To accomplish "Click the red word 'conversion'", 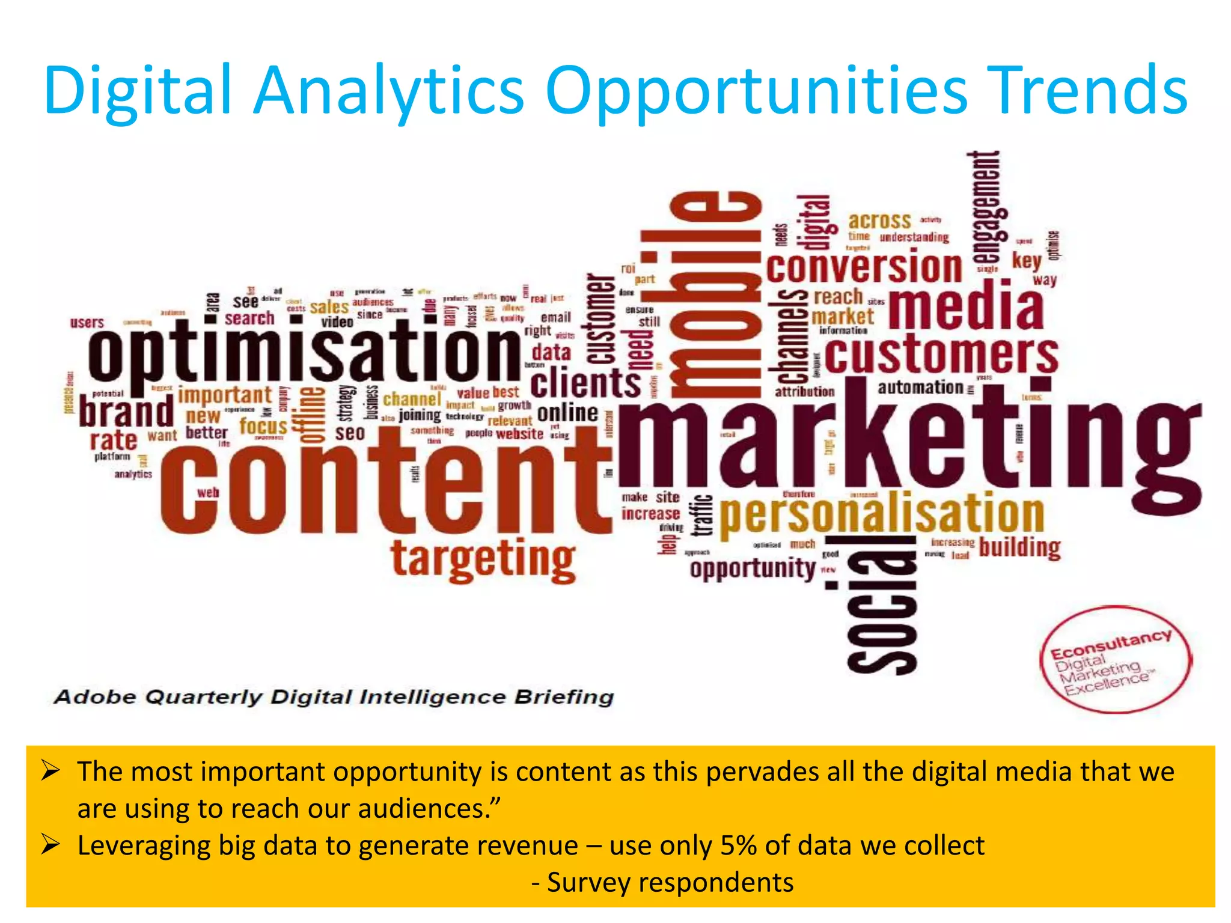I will (x=864, y=267).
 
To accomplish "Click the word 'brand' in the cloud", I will (x=126, y=412).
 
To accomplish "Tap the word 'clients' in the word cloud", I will (x=585, y=383).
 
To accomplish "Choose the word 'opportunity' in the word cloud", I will (x=752, y=568).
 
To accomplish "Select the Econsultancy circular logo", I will (x=1115, y=659).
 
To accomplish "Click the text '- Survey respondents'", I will (x=662, y=883).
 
